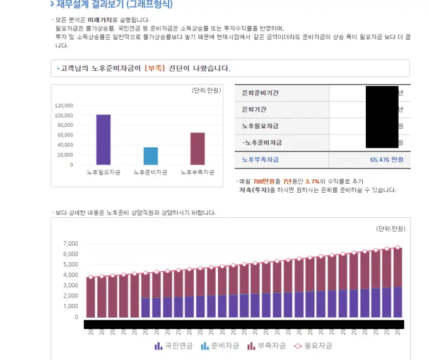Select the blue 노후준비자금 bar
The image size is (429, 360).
pos(151,156)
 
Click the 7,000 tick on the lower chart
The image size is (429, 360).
pos(70,244)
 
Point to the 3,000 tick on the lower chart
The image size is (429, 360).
pos(70,286)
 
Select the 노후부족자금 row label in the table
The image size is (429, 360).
pos(262,159)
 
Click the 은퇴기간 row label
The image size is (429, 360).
pos(256,109)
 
